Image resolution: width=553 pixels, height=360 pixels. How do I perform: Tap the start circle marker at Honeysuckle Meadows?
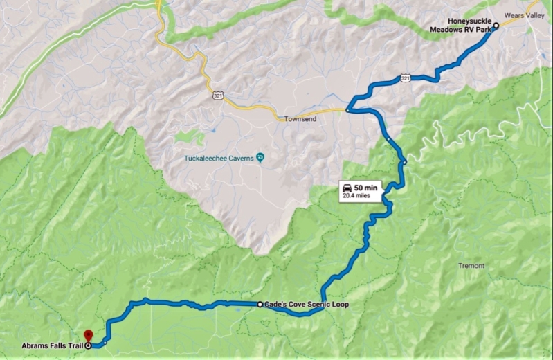click(496, 25)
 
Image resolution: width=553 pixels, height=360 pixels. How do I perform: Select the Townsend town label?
click(299, 119)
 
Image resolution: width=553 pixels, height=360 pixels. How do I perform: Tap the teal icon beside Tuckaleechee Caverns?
click(260, 157)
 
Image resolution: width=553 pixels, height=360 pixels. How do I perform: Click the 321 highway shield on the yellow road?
click(218, 93)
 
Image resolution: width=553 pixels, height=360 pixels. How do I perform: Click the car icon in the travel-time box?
click(347, 188)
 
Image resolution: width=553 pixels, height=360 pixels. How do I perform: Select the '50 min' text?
click(365, 188)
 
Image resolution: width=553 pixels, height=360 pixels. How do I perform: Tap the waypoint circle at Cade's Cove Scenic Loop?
click(260, 304)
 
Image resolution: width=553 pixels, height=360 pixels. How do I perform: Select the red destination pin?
click(87, 335)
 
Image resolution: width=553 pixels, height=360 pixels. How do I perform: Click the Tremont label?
click(471, 265)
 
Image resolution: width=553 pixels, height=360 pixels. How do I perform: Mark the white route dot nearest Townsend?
click(347, 109)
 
